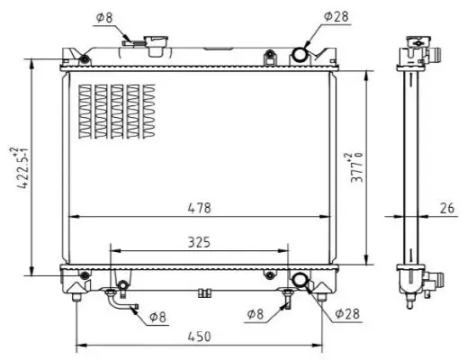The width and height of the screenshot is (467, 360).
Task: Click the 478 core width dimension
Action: coord(199,208)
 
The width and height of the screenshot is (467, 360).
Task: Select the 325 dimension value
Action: coord(199,241)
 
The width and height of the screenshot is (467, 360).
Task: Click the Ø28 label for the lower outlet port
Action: coord(348,314)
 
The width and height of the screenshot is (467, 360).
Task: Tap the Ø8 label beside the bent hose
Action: coord(157,316)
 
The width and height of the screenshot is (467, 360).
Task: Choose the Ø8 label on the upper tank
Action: coord(105,16)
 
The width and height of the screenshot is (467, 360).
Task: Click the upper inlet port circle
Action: coord(299,55)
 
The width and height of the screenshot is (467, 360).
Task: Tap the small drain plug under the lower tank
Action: coord(204,291)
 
